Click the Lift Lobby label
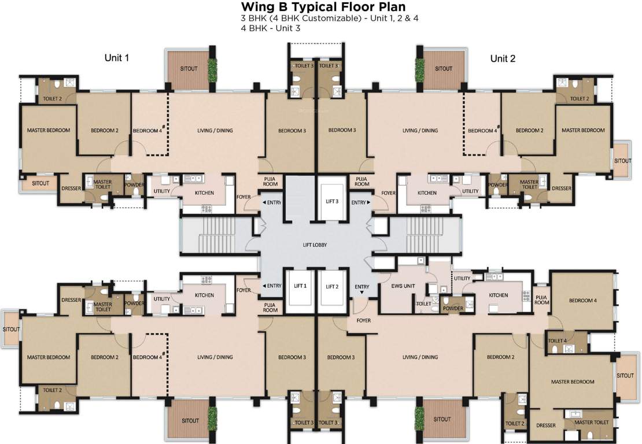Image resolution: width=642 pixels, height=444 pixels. (315, 245)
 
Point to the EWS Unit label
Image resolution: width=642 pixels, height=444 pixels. (403, 286)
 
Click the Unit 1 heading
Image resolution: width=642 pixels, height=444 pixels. (117, 58)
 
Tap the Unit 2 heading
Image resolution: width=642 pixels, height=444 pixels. (503, 58)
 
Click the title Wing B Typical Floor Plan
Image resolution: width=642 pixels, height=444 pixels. (323, 7)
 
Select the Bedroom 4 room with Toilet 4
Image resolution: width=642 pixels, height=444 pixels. (582, 301)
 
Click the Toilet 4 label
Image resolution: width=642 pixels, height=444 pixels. (557, 341)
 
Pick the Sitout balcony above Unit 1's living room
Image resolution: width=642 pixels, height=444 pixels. (189, 69)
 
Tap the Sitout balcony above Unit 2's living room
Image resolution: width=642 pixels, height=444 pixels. (444, 69)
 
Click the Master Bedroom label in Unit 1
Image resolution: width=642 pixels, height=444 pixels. (49, 130)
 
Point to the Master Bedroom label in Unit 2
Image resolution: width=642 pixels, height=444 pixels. (583, 130)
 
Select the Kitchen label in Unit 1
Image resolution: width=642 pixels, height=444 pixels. (204, 193)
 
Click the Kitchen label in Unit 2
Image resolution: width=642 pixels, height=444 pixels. (427, 193)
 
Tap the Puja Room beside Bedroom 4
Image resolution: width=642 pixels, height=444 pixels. (541, 300)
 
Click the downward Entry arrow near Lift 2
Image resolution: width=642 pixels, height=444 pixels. (362, 293)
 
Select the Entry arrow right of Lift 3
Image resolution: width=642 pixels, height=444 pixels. (368, 202)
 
